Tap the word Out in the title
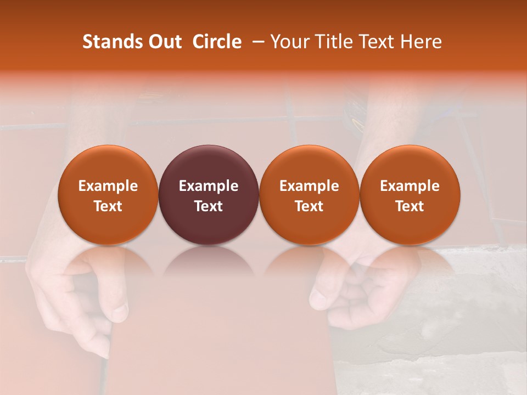(164, 42)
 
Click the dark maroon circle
(209, 195)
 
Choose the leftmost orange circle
(108, 195)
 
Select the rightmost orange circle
(410, 195)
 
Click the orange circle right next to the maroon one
(309, 195)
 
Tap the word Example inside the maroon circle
(209, 186)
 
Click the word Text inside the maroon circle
(209, 206)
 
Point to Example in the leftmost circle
(108, 186)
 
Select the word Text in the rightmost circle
(410, 206)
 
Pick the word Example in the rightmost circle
(410, 186)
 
